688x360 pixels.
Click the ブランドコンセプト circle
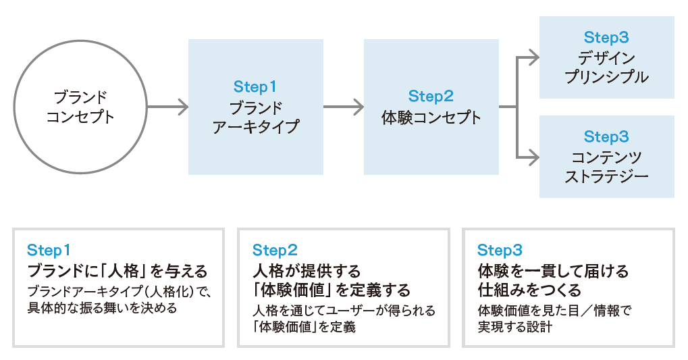(x=80, y=107)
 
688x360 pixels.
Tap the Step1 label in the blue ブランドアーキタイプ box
(x=255, y=87)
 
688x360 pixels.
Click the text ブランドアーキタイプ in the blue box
(x=255, y=118)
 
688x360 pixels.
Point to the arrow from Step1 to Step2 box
(x=343, y=107)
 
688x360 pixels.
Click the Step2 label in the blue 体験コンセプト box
(x=431, y=97)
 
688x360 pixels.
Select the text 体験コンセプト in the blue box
(x=431, y=118)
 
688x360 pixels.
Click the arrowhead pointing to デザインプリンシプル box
(x=533, y=57)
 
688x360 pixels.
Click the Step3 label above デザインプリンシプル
(x=606, y=38)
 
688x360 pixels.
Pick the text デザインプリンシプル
(x=606, y=67)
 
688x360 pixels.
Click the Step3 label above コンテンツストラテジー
(x=606, y=137)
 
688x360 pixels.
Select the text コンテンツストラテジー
(x=606, y=167)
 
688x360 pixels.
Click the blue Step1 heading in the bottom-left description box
(x=49, y=250)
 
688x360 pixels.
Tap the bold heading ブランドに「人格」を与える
(x=117, y=272)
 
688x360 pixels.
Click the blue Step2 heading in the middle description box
(x=274, y=250)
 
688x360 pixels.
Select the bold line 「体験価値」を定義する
(x=331, y=290)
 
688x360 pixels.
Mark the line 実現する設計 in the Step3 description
(x=514, y=327)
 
